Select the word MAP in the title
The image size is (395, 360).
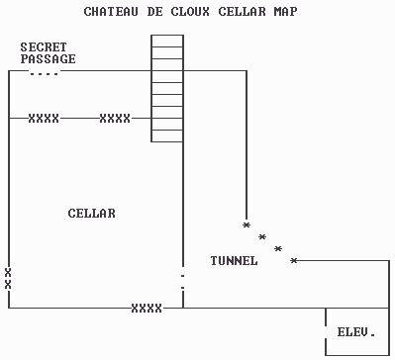285,11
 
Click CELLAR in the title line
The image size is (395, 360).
242,11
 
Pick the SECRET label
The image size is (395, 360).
44,47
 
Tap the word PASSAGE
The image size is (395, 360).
48,59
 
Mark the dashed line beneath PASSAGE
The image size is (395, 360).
44,72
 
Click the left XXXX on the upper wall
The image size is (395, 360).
44,118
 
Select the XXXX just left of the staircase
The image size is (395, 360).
115,118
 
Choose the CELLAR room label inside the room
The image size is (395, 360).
91,213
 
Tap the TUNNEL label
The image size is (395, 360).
235,260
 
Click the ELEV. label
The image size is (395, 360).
356,331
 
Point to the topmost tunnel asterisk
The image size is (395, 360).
247,225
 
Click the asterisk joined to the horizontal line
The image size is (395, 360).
294,260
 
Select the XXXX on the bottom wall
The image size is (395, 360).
147,308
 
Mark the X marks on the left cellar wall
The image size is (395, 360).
8,277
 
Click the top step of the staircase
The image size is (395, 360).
167,41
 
